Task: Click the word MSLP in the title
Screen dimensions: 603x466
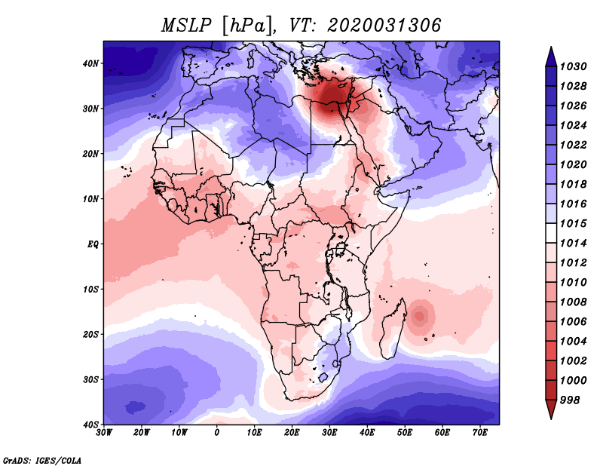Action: coord(186,26)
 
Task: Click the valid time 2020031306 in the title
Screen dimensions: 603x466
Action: coord(384,26)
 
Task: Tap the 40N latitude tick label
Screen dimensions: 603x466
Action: coord(90,63)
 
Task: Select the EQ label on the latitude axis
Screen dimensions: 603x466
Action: coord(93,244)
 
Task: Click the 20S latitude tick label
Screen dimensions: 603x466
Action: coord(90,334)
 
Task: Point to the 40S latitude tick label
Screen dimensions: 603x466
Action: coord(90,425)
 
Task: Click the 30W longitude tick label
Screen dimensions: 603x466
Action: coord(104,433)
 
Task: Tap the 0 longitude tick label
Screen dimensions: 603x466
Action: coord(217,433)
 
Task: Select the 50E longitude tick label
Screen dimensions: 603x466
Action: coord(405,433)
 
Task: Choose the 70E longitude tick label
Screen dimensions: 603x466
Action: coord(480,433)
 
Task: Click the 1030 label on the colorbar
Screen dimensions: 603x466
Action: coord(573,66)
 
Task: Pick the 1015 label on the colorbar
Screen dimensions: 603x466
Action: coord(573,223)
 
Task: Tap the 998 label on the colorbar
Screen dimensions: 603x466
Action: coord(569,400)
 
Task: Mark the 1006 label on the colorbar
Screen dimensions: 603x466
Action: coord(573,322)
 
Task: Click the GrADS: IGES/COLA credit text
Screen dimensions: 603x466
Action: coord(42,460)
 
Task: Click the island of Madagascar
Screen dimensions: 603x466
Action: coord(393,330)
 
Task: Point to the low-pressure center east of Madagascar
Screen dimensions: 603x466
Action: coord(420,316)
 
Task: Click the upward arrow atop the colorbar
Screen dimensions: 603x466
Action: coord(551,57)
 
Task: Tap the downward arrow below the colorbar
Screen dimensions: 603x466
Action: coord(551,409)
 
